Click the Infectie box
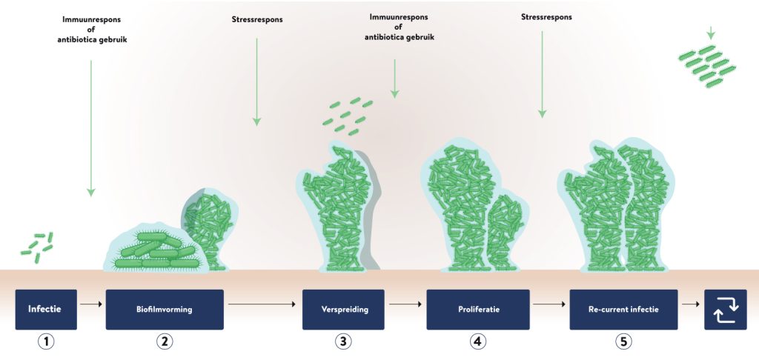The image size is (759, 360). [x=46, y=309]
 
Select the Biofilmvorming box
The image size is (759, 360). [x=165, y=309]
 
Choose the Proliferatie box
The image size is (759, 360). [x=477, y=309]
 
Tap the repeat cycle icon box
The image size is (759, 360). [x=725, y=310]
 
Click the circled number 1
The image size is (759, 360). [x=46, y=341]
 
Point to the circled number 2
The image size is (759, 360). [x=165, y=341]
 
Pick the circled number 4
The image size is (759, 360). [x=477, y=341]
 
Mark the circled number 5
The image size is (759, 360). [x=624, y=341]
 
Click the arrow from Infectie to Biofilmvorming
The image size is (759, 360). [x=91, y=303]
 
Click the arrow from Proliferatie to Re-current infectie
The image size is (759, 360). [x=549, y=303]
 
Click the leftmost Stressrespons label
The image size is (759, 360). [x=256, y=17]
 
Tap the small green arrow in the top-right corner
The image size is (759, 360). [x=711, y=33]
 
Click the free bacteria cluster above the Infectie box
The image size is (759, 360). [x=37, y=246]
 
